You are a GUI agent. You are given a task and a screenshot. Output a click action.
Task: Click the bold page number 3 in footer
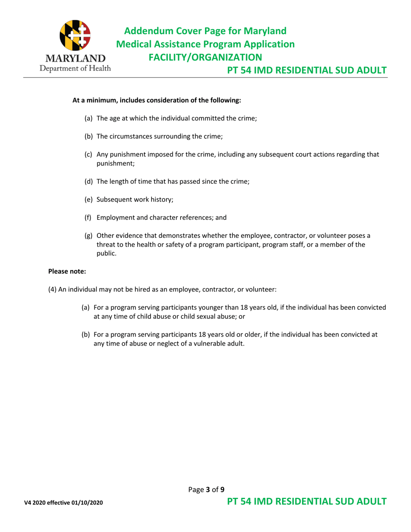pos(207,490)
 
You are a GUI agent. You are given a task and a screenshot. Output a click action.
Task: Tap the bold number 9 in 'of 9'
pos(222,490)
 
